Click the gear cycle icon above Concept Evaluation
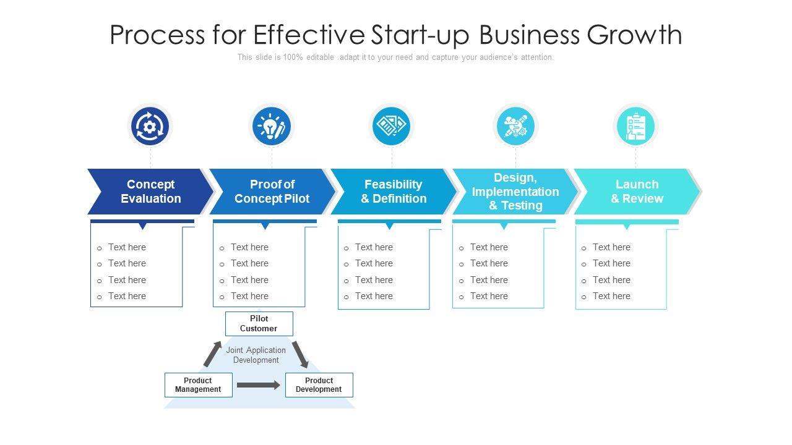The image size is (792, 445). click(149, 127)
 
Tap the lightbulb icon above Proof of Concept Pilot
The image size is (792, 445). click(271, 127)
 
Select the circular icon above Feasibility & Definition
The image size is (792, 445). click(392, 127)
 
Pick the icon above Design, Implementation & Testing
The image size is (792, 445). click(515, 127)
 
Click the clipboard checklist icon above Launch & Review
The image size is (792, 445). click(635, 127)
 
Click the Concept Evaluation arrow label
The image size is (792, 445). click(150, 192)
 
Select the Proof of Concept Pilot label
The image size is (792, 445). click(272, 192)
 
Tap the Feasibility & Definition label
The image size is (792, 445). click(394, 192)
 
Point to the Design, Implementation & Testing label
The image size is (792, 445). click(515, 192)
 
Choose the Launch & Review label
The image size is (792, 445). click(637, 192)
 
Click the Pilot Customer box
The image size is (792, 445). click(259, 324)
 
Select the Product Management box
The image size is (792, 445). click(198, 385)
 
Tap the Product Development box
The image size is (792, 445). click(319, 385)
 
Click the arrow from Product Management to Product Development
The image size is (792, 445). click(259, 385)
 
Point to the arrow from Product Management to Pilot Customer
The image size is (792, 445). click(212, 354)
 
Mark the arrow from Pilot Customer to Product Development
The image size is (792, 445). click(300, 354)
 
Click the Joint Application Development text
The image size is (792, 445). click(256, 355)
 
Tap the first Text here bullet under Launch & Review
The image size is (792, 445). click(611, 247)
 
